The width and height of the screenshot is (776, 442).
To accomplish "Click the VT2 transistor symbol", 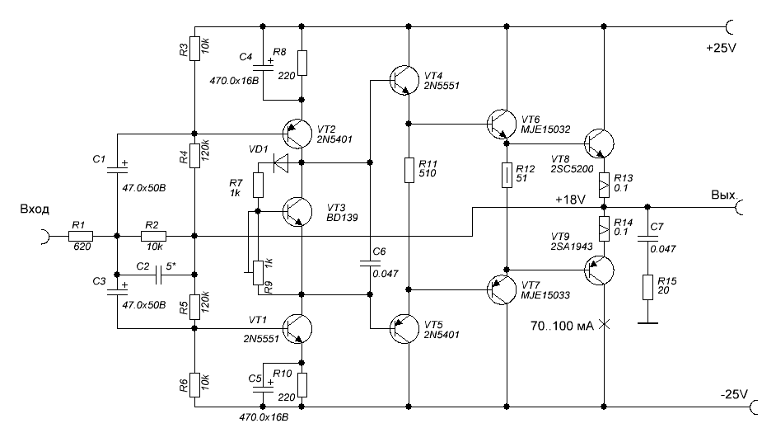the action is [297, 133].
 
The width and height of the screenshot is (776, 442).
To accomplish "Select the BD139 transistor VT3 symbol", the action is [297, 212].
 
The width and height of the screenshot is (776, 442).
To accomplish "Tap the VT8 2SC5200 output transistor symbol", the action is [599, 143].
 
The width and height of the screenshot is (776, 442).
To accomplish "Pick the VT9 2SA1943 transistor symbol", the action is [599, 270].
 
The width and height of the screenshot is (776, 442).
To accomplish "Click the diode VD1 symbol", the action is [281, 162].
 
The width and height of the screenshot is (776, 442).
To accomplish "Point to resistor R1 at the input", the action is [80, 237].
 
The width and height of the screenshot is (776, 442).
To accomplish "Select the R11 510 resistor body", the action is [409, 170].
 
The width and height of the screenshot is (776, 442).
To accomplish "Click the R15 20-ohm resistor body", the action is [647, 288].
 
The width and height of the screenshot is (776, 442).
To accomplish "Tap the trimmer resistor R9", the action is [258, 272].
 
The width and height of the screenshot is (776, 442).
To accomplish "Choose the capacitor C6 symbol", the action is [370, 262].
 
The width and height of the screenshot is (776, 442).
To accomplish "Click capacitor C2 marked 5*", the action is [158, 275].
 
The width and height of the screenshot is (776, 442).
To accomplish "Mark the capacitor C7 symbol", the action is [647, 237].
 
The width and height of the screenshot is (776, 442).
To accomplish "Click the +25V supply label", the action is [721, 48].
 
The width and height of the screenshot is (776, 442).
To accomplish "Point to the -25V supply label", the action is [735, 394].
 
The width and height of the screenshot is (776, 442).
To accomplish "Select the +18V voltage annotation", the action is [570, 200].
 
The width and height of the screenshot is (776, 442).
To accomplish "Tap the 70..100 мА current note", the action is [562, 326].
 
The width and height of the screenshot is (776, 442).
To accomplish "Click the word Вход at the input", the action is [35, 209].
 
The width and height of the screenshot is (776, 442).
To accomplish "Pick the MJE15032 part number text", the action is [545, 129].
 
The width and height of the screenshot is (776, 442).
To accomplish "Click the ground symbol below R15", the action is [647, 323].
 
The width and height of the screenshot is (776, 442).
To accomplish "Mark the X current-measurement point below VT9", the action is [605, 325].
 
